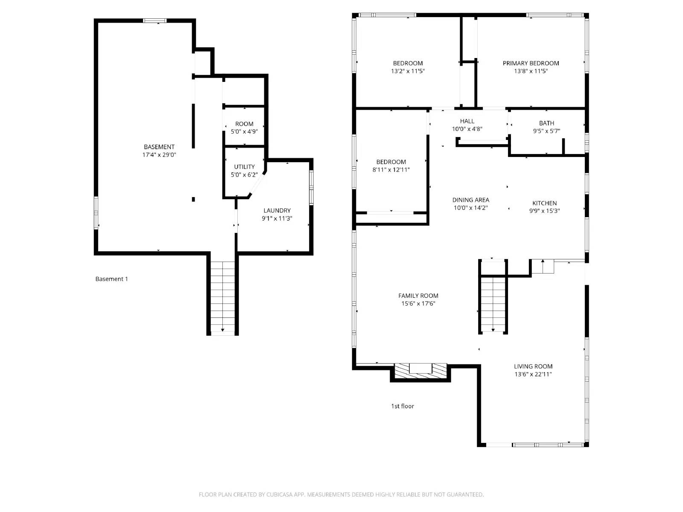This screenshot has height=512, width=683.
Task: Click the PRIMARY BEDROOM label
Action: tap(531, 63)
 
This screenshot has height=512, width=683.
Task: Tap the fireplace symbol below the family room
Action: tap(420, 369)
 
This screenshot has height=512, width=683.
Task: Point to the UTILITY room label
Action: tap(244, 167)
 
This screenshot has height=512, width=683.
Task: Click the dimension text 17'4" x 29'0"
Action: tap(159, 155)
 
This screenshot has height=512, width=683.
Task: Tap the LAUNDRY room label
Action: tap(277, 210)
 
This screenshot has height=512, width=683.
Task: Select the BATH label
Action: tap(546, 123)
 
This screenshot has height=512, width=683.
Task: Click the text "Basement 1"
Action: tap(111, 279)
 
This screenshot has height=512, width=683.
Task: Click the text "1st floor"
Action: tap(403, 406)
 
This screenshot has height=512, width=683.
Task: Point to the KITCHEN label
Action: tap(544, 203)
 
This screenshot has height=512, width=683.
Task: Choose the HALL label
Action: tap(467, 121)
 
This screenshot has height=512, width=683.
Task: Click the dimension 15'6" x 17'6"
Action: tap(418, 304)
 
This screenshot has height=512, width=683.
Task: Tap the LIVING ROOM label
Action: tap(533, 367)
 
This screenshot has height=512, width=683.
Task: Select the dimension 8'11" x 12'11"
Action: tap(391, 170)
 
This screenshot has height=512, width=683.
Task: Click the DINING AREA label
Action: tap(470, 200)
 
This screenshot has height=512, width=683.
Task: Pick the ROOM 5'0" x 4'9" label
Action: tap(244, 124)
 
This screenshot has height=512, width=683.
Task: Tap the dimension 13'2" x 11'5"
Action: tap(408, 71)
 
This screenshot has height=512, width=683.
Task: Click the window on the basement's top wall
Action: tap(155, 20)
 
